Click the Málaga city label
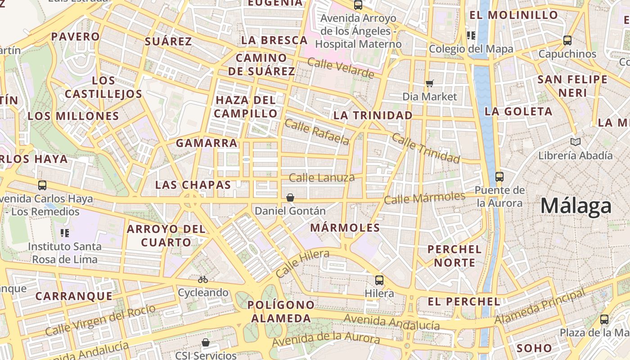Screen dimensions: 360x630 tap(576, 206)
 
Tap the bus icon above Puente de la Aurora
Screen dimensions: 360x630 tap(499, 176)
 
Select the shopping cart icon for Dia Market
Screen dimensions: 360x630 tap(429, 83)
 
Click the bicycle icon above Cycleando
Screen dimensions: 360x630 tap(203, 279)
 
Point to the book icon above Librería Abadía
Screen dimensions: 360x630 tap(575, 142)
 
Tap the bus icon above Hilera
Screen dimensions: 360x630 tap(379, 280)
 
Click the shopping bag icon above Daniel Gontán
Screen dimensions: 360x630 tap(290, 197)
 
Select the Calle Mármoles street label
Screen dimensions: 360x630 tap(424, 198)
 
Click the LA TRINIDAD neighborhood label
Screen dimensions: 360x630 tap(373, 115)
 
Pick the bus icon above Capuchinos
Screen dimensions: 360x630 tap(567, 40)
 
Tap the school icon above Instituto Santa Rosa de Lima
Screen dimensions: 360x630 tap(65, 233)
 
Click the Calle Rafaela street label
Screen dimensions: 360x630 tap(317, 132)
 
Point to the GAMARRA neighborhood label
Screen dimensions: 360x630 tap(207, 143)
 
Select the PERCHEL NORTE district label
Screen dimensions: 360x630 tap(454, 256)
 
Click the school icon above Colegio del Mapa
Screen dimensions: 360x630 tap(471, 35)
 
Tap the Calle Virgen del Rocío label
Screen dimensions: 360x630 tap(100, 320)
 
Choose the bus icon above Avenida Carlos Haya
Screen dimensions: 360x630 tap(42, 185)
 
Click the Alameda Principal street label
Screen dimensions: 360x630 tap(540, 306)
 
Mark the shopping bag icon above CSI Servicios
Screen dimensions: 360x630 tap(206, 342)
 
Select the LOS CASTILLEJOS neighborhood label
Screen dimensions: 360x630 tap(103, 87)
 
